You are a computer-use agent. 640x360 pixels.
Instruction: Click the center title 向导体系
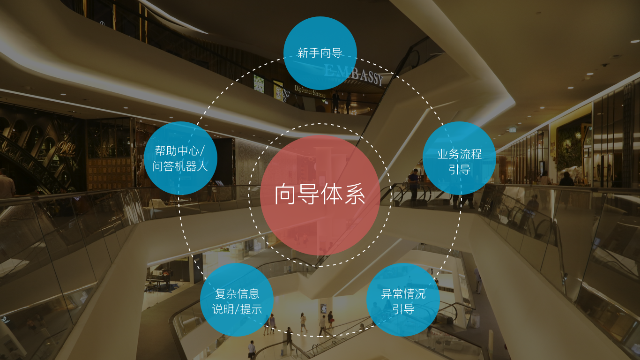click(x=320, y=195)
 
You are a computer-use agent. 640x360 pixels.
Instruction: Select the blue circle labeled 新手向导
click(x=320, y=52)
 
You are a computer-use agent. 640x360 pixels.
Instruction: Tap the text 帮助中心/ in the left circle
click(x=180, y=151)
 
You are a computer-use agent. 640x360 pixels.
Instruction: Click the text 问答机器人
click(x=180, y=166)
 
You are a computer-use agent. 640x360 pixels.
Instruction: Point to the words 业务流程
click(x=459, y=154)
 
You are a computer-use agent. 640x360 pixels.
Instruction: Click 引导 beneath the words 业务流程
click(x=459, y=169)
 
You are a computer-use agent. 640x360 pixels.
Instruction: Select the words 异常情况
click(x=403, y=294)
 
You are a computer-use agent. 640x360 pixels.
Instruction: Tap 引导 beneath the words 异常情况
click(x=403, y=309)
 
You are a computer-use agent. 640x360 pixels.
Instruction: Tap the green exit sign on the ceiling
click(x=513, y=129)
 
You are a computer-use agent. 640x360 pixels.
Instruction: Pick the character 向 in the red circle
click(x=285, y=195)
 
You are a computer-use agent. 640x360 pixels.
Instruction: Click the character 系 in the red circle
click(x=355, y=195)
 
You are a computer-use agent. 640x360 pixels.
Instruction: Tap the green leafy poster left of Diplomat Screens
click(x=259, y=83)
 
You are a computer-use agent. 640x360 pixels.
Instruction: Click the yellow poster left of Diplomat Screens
click(x=278, y=89)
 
